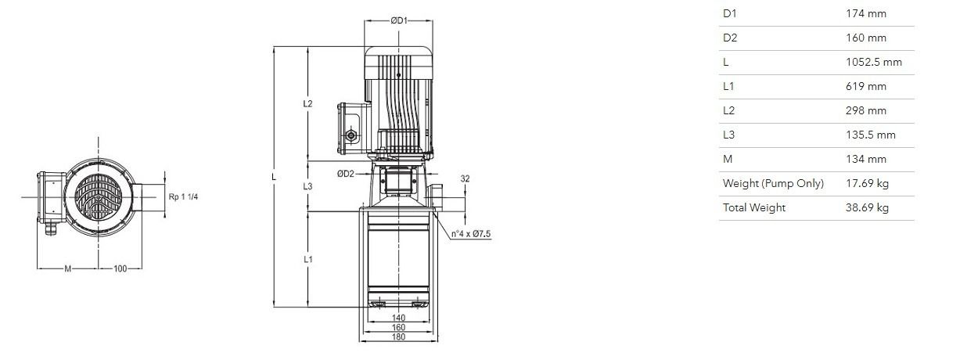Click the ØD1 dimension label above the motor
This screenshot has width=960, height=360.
(398, 20)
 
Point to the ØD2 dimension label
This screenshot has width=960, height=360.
(346, 174)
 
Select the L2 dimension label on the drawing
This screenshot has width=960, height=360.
(307, 103)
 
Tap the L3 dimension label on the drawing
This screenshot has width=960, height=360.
(307, 186)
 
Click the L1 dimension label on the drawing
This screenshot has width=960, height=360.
(307, 259)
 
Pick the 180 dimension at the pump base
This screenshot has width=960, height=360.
(398, 337)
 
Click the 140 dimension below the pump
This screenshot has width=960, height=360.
(398, 318)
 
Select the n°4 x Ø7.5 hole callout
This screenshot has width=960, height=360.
(471, 234)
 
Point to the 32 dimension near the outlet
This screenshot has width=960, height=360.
(465, 178)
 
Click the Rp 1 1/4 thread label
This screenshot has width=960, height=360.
(183, 196)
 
